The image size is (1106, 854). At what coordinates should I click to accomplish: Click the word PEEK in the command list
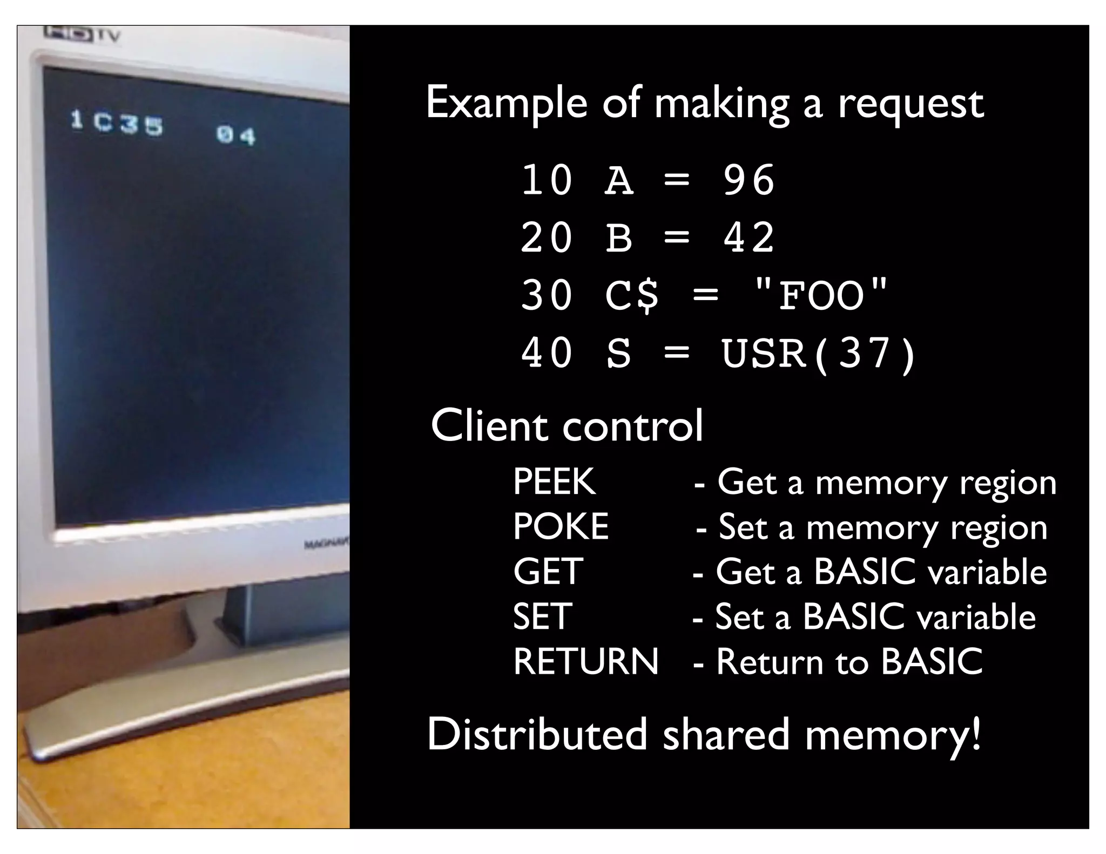[554, 482]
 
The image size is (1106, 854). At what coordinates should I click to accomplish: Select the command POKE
[561, 527]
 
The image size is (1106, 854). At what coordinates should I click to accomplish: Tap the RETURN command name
[586, 661]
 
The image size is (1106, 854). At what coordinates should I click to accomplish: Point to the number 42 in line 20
[749, 238]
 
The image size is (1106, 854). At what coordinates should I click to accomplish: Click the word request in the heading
[911, 104]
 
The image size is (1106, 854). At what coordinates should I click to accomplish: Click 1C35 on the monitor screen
[117, 124]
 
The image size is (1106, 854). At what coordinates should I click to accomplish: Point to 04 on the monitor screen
[235, 135]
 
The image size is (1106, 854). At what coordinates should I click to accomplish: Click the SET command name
[542, 616]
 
